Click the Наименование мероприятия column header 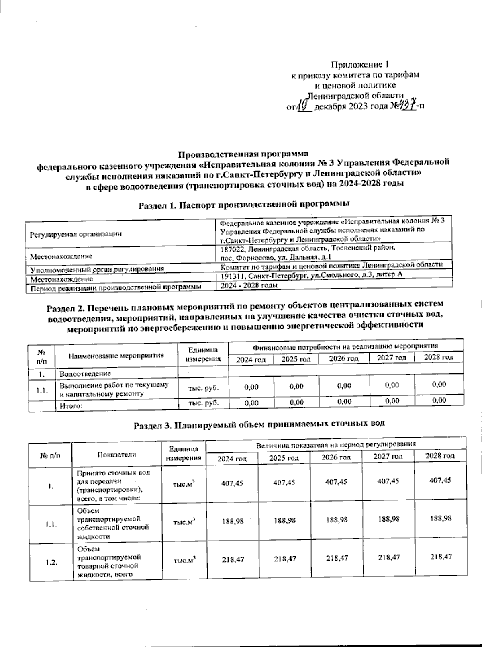[116, 355]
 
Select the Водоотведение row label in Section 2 [85, 374]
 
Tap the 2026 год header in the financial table [343, 358]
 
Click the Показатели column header [116, 454]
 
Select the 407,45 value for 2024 [232, 483]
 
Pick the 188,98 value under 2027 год [388, 519]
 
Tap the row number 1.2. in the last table [51, 562]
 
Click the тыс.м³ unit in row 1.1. [184, 522]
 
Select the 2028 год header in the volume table [440, 456]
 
